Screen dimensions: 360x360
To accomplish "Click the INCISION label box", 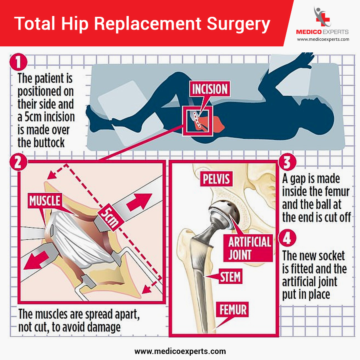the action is (210, 89).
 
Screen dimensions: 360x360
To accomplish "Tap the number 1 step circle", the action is (18, 62).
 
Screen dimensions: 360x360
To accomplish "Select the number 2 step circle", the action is (18, 162).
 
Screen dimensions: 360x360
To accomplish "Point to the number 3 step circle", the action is (287, 162).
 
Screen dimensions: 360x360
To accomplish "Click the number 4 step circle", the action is (287, 238).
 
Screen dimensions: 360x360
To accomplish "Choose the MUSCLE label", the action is (45, 201).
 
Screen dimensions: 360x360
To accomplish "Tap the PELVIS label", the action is (216, 179).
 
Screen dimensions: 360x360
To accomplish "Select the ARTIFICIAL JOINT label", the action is (248, 248).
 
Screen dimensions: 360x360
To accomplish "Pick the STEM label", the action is (230, 276).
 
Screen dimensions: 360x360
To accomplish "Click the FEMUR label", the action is (232, 309).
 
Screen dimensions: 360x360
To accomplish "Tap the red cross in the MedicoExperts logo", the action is (322, 18).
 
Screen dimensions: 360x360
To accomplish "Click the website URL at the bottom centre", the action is (180, 351).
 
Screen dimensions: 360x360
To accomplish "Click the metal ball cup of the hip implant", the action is (224, 211).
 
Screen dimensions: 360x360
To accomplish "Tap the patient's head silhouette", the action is (318, 115).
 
